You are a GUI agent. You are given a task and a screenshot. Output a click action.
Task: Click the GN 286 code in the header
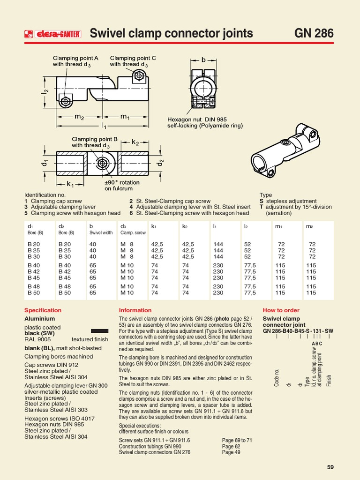pyautogui.click(x=314, y=33)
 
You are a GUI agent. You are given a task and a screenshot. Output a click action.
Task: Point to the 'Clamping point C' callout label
pyautogui.click(x=133, y=61)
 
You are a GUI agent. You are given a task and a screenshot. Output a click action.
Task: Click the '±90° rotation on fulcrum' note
pyautogui.click(x=119, y=185)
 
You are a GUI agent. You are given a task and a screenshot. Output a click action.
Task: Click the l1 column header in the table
pyautogui.click(x=215, y=226)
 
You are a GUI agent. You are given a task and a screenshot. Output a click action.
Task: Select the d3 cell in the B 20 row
pyautogui.click(x=127, y=244)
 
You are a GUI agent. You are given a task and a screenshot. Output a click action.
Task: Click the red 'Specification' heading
pyautogui.click(x=43, y=310)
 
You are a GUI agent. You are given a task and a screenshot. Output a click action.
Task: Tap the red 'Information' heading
pyautogui.click(x=135, y=310)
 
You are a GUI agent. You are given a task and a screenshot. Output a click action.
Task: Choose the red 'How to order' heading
pyautogui.click(x=281, y=310)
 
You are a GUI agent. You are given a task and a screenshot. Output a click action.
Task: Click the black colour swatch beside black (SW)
pyautogui.click(x=96, y=331)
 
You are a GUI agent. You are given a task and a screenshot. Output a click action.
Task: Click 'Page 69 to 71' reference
pyautogui.click(x=237, y=440)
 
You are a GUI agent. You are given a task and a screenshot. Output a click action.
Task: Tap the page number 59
pyautogui.click(x=330, y=467)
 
